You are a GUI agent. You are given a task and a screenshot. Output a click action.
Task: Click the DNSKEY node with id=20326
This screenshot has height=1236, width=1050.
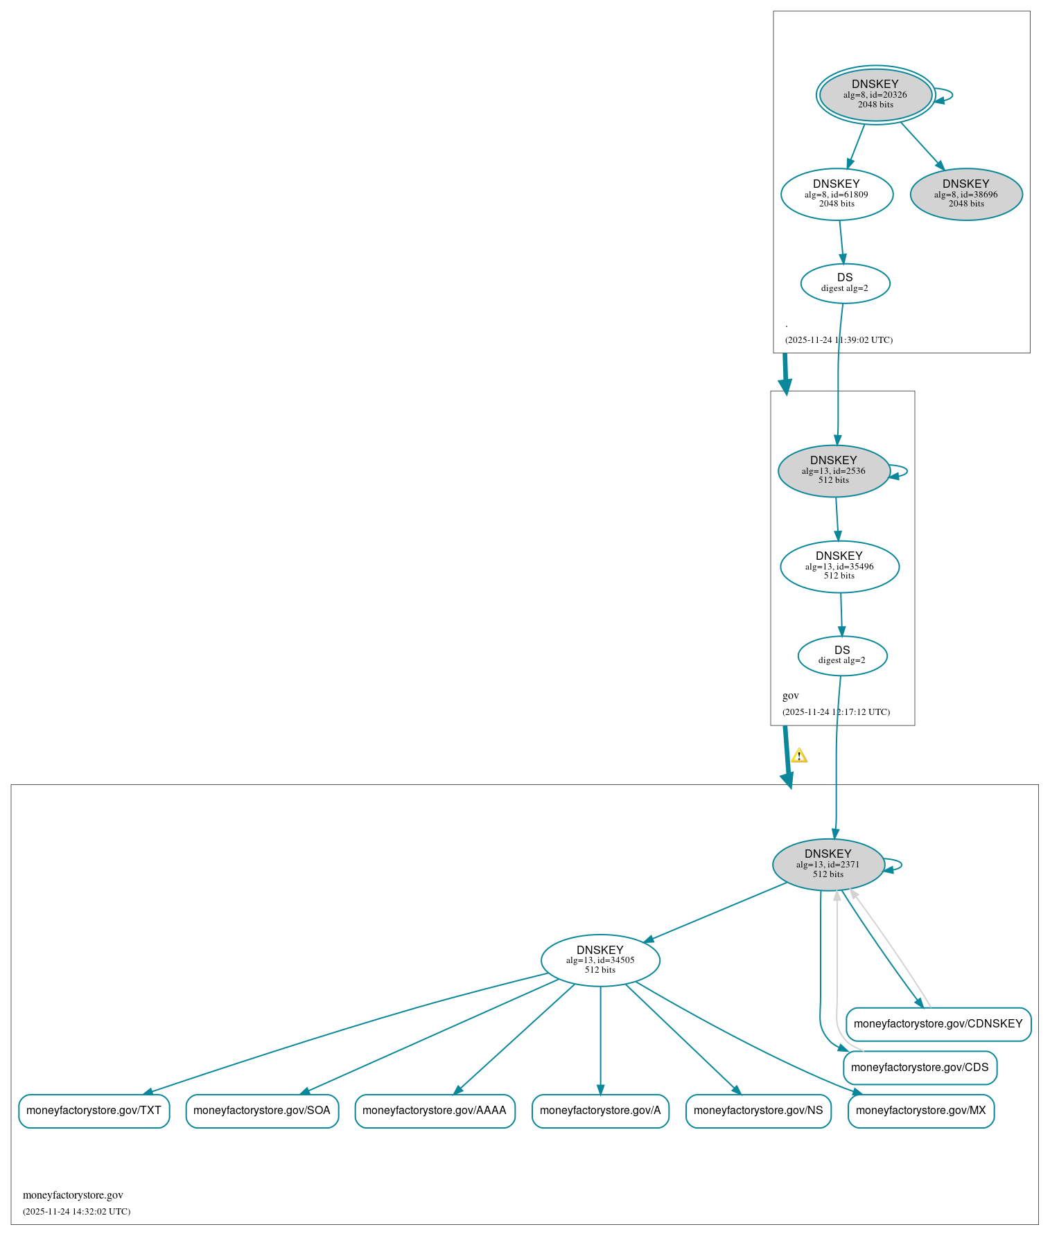point(875,95)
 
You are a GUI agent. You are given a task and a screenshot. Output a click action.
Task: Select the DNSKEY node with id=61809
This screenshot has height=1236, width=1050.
point(837,194)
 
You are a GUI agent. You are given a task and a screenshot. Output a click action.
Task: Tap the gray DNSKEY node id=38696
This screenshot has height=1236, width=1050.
point(965,194)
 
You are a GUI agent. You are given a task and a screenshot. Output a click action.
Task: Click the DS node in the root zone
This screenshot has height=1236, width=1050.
point(844,283)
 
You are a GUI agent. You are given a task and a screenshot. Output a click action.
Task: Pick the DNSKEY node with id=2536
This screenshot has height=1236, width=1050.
point(833,470)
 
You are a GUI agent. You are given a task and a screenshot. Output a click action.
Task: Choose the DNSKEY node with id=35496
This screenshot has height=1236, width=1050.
point(839,566)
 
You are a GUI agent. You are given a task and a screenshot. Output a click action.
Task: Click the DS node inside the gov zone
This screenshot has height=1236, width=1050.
point(841,655)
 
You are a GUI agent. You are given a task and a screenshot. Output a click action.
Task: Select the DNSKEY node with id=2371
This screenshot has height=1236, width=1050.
point(828,864)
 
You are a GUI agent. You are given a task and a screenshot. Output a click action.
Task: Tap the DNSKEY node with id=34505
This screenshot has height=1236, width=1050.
point(600,960)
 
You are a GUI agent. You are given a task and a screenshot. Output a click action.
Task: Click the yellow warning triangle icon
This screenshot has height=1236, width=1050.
point(798,755)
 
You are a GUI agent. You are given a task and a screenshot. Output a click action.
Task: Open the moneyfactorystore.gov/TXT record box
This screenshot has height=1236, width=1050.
point(94,1111)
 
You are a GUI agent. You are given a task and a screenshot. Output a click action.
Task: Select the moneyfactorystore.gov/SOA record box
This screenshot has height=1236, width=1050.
point(262,1111)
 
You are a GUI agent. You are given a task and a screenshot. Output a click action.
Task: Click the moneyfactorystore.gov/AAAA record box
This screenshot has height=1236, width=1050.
point(435,1111)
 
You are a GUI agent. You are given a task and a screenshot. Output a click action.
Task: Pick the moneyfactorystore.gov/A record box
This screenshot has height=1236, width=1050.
point(600,1111)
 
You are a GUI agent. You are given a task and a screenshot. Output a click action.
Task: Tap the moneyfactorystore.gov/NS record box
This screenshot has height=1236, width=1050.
point(758,1111)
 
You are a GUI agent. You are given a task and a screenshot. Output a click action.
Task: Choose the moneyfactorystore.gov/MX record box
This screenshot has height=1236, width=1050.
point(920,1111)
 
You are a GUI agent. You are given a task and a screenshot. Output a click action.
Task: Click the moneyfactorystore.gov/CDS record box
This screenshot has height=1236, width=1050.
point(920,1067)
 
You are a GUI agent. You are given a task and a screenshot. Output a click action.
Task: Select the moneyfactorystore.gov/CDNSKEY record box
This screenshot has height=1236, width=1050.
point(938,1023)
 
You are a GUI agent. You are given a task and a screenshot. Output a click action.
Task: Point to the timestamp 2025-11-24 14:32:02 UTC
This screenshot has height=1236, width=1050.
point(76,1211)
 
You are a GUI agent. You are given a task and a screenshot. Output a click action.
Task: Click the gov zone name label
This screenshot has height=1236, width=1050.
point(790,696)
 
